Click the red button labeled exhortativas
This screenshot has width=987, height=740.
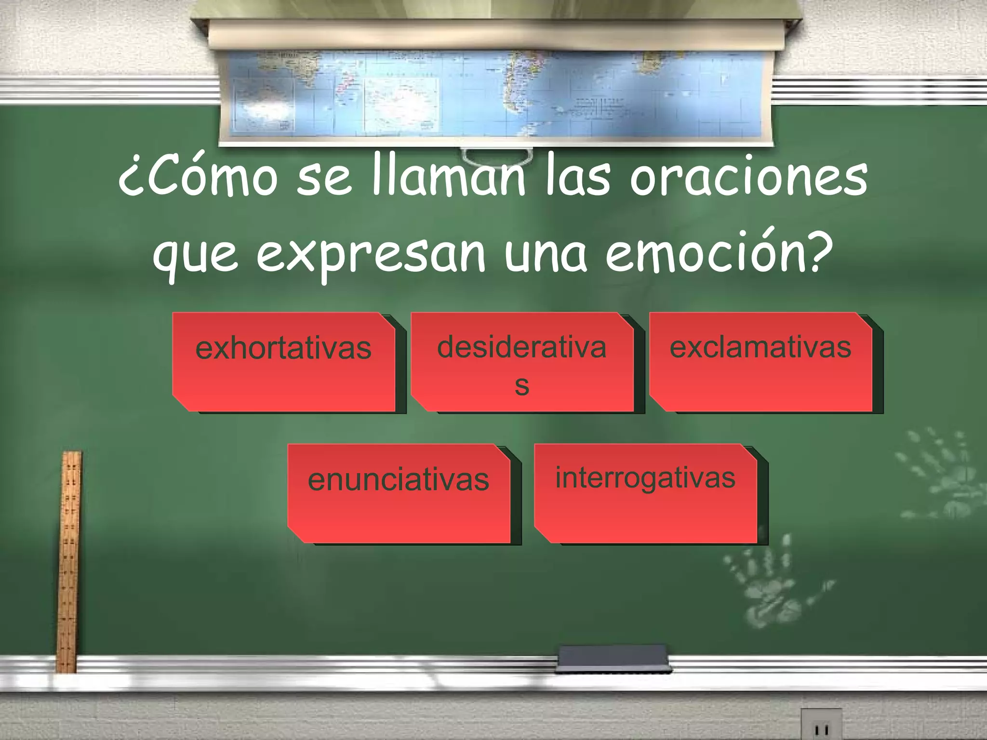coord(283,361)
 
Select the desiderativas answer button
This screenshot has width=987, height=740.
coord(521,361)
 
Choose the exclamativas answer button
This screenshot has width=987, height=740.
coord(760,361)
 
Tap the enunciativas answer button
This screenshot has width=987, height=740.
coord(399,493)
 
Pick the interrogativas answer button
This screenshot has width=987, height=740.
coord(645,493)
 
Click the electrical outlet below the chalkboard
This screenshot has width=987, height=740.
coord(821,725)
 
